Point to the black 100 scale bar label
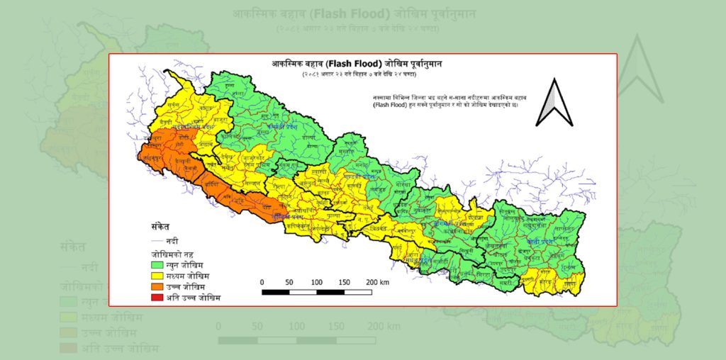pyautogui.click(x=317, y=282)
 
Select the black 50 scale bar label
pyautogui.click(x=289, y=282)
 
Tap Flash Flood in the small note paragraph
pyautogui.click(x=389, y=104)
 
